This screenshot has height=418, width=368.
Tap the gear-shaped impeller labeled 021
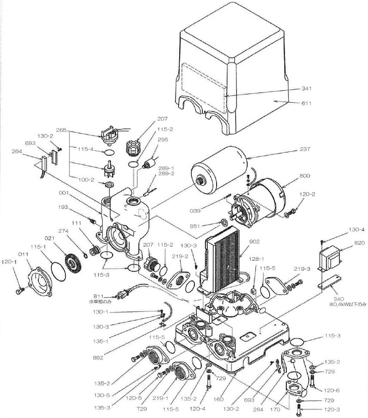click(73, 262)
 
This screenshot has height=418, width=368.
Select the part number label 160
click(218, 399)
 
